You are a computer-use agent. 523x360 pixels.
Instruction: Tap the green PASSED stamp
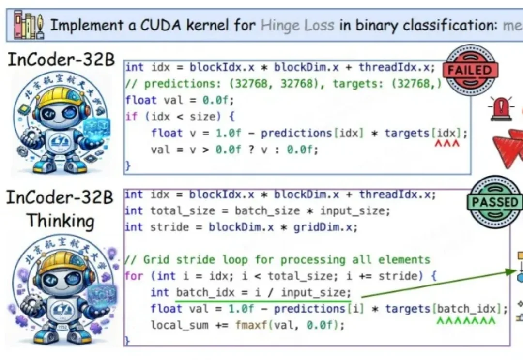point(495,201)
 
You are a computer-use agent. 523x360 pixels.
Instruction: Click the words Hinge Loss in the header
point(297,25)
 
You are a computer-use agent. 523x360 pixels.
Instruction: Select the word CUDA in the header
point(160,25)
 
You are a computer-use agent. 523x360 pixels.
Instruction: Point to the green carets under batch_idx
point(466,320)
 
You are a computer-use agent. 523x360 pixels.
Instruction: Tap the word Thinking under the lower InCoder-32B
point(60,221)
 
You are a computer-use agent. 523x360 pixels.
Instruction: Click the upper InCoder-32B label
point(61,60)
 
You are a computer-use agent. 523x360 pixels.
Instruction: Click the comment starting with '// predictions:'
point(283,83)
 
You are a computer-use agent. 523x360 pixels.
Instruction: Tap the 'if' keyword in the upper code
point(131,117)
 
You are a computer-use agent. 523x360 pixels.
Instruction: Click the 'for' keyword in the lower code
point(134,276)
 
